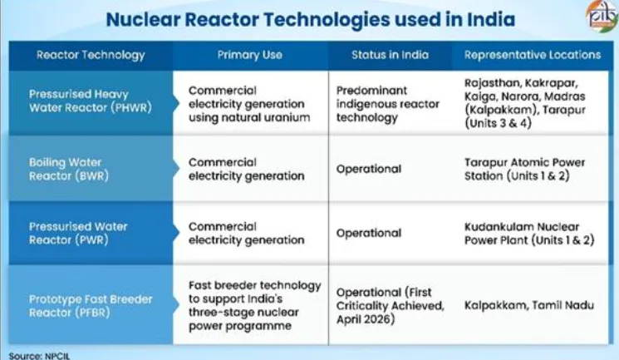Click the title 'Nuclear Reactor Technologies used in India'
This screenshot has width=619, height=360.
click(x=310, y=19)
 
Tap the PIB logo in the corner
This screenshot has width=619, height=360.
click(x=602, y=15)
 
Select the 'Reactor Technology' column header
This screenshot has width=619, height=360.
click(x=91, y=55)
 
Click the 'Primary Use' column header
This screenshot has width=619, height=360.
click(x=249, y=55)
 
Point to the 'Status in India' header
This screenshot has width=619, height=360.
click(x=390, y=55)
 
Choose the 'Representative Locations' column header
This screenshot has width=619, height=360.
click(x=532, y=55)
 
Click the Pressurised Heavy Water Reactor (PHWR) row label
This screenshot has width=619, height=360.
click(x=91, y=101)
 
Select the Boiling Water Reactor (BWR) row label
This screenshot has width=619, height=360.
click(x=69, y=169)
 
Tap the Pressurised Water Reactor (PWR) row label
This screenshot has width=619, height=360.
click(x=78, y=233)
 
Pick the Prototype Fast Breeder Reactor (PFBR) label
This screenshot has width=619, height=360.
click(x=91, y=305)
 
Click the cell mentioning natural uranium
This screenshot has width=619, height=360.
click(x=249, y=104)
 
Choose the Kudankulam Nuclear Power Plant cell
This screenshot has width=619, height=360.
click(x=529, y=233)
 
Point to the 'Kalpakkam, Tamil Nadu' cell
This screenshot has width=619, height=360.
click(x=529, y=305)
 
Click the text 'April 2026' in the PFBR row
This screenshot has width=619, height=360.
click(x=365, y=319)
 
